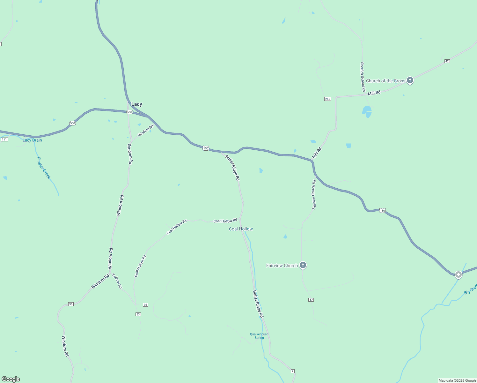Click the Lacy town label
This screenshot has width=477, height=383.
pos(136,104)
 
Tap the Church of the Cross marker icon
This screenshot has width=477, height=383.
pos(410,80)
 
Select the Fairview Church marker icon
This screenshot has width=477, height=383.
pos(303,265)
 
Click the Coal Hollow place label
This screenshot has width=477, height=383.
pos(241,229)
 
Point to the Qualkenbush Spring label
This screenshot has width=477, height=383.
pos(259,336)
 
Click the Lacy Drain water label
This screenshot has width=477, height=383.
pos(32,140)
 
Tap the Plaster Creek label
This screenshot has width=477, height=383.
pos(44,168)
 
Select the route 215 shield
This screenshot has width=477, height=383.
pos(327,99)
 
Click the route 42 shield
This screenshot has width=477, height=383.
pos(447,61)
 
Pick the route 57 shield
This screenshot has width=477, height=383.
pos(311,300)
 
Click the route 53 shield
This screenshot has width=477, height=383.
pos(138,314)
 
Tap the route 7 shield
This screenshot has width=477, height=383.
pos(293,371)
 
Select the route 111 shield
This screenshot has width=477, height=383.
pos(4,139)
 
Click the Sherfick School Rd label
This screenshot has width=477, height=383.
pos(363,77)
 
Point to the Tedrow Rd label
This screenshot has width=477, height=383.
pos(117,281)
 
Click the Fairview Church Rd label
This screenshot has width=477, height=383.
pos(314,195)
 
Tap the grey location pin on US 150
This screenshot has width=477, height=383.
pos(458,274)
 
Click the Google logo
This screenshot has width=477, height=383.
pos(11,379)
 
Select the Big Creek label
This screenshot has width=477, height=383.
pos(470,288)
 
